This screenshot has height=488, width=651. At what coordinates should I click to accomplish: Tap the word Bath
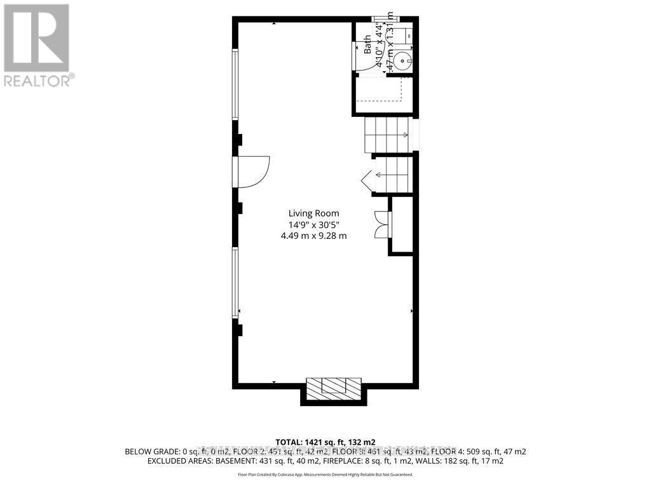[x=367, y=47]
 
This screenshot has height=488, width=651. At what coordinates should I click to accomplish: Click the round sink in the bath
[x=402, y=62]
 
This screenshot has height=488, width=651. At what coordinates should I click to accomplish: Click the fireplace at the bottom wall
[x=334, y=388]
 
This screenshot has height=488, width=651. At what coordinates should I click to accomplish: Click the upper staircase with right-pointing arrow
[x=387, y=135]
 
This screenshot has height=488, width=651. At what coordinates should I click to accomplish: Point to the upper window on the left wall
[x=235, y=85]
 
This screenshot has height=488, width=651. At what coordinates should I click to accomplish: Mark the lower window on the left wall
[x=235, y=283]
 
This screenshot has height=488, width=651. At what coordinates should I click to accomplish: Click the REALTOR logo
[x=38, y=45]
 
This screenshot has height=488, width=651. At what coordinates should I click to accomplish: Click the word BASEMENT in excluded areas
[x=230, y=461]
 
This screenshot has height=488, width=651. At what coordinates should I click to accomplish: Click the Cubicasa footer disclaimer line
[x=325, y=475]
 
